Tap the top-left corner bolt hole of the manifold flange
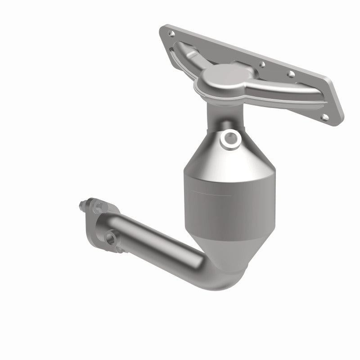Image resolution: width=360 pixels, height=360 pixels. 171,33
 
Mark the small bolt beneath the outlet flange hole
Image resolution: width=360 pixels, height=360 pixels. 118,247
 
